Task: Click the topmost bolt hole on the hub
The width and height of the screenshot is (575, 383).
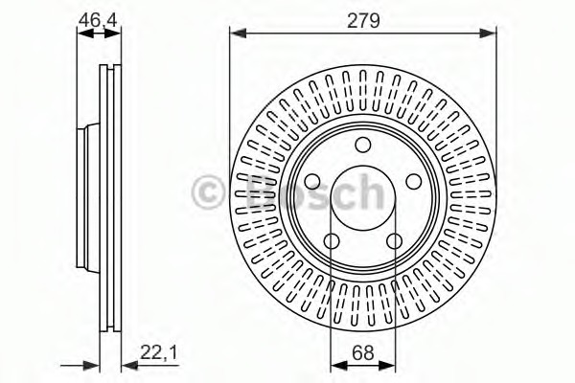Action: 362,145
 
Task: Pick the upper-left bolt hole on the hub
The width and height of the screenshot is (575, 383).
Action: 312,181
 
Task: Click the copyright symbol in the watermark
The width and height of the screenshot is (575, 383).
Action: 209,192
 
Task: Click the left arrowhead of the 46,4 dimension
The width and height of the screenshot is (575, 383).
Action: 82,34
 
